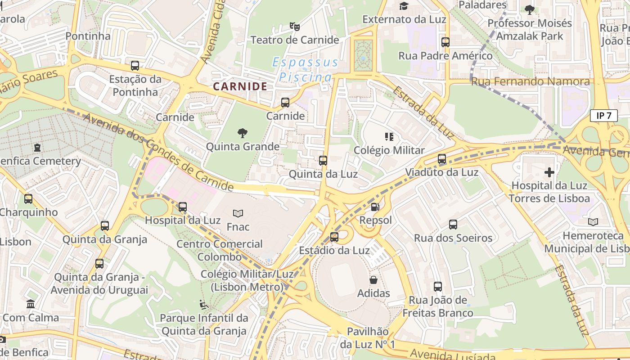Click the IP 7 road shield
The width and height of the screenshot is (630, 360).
pyautogui.click(x=603, y=116)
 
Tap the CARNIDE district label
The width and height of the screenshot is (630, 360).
pyautogui.click(x=240, y=86)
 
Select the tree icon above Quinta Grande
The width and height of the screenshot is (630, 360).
pyautogui.click(x=243, y=133)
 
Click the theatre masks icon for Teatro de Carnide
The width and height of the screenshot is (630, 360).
pyautogui.click(x=295, y=26)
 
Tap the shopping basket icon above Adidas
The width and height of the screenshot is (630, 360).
pyautogui.click(x=373, y=280)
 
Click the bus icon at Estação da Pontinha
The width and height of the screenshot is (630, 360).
pyautogui.click(x=135, y=66)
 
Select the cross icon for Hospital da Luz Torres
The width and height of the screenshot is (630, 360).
pyautogui.click(x=549, y=172)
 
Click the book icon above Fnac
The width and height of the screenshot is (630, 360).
pyautogui.click(x=238, y=213)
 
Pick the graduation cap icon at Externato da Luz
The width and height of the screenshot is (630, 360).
pyautogui.click(x=404, y=6)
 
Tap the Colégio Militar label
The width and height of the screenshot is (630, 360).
pyautogui.click(x=389, y=150)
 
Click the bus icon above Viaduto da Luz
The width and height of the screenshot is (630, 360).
pyautogui.click(x=442, y=159)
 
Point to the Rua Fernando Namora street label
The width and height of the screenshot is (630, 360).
pyautogui.click(x=530, y=81)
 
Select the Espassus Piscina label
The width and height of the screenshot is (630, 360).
pyautogui.click(x=306, y=70)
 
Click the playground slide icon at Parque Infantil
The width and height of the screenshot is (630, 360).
pyautogui.click(x=203, y=305)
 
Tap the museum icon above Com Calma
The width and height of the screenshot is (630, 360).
pyautogui.click(x=31, y=304)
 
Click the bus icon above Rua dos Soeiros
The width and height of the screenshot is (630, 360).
pyautogui.click(x=453, y=225)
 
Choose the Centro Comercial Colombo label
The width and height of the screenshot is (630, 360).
pyautogui.click(x=220, y=250)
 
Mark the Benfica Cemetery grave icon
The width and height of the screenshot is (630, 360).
pyautogui.click(x=37, y=148)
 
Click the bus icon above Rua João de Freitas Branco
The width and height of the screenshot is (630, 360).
pyautogui.click(x=438, y=287)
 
